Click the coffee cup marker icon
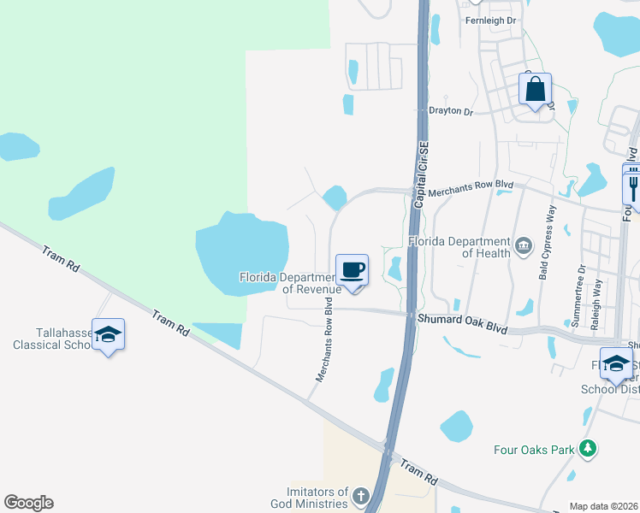353,271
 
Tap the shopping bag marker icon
535,89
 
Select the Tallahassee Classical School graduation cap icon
109,335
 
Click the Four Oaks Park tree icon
587,448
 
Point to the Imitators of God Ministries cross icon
360,495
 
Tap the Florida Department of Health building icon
524,247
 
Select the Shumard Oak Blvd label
462,323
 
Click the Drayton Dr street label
450,111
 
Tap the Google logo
28,503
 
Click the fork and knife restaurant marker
633,183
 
